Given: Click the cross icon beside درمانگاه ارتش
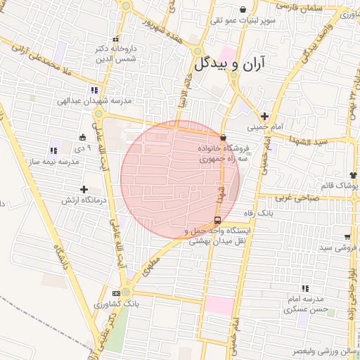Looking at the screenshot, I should (x=84, y=189).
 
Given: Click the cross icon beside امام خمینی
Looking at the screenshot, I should (x=264, y=116).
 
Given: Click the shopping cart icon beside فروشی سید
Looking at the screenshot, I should (x=347, y=237).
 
